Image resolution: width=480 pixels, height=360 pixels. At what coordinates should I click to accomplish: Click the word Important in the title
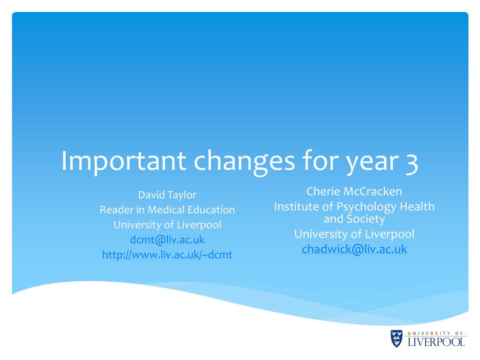124,161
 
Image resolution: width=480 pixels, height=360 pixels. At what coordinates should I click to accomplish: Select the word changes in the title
244,162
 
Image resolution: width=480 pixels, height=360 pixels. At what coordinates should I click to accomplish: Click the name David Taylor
167,195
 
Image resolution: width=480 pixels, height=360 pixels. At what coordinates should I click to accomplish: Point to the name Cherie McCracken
354,191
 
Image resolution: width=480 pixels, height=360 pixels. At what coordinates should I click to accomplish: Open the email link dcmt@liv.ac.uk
167,240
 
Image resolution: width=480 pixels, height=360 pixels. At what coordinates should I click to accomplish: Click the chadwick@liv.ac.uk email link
354,249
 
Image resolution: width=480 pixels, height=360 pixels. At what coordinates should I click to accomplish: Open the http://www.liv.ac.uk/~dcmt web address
167,255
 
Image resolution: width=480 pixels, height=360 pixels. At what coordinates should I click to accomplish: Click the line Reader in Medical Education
167,210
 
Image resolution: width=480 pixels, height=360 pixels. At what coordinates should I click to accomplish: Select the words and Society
354,219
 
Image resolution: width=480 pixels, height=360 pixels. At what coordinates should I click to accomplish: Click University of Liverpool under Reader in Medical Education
167,225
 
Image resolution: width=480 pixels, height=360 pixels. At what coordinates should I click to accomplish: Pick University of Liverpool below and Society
354,234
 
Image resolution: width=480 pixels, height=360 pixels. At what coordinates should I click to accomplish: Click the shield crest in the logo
397,338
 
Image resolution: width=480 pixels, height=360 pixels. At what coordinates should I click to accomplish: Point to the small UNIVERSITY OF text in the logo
435,333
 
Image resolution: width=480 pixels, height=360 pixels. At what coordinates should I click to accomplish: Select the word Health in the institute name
417,206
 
